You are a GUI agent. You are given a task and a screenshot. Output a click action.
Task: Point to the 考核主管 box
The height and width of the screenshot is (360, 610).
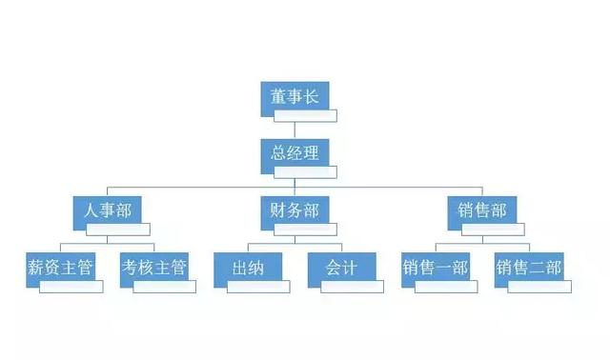point(153,267)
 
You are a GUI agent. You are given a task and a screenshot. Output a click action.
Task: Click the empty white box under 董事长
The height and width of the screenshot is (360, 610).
point(306,116)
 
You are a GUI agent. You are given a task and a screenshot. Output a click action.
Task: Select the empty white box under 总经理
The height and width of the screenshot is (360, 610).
point(306,172)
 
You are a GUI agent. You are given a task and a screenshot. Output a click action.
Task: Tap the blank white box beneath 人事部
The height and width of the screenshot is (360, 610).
point(119,230)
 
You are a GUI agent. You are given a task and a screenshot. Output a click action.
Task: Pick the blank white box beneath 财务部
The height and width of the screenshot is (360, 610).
point(306,230)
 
